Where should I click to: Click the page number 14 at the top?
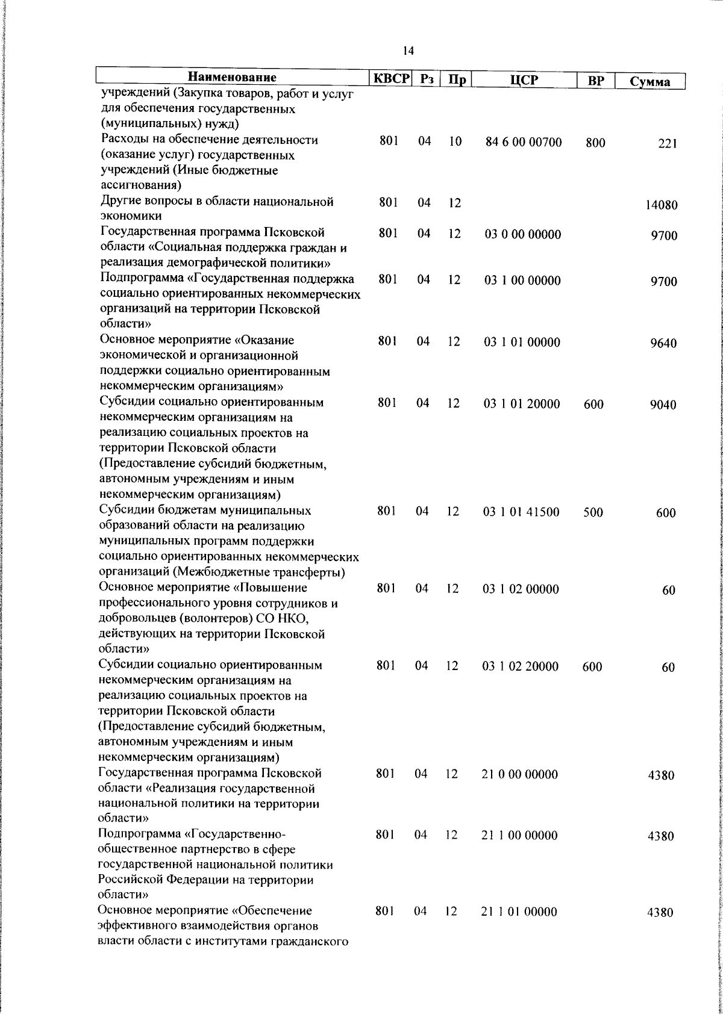tap(408, 51)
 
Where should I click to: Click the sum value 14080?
tap(661, 205)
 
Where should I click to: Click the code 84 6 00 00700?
tap(524, 143)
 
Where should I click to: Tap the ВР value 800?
tap(595, 143)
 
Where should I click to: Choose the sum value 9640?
tap(663, 344)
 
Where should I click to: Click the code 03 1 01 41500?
tap(521, 512)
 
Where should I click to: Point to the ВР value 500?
tap(593, 513)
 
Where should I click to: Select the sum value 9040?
tap(663, 405)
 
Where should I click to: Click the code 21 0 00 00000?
tap(520, 774)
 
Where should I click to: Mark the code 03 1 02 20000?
tap(521, 666)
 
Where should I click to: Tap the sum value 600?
tap(666, 514)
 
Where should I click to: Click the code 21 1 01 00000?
tap(519, 929)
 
